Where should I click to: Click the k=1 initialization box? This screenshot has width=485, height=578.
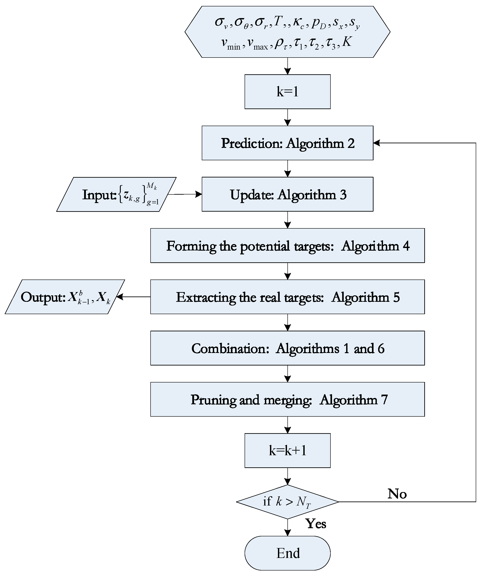pyautogui.click(x=287, y=92)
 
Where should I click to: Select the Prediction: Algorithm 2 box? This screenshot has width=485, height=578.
pyautogui.click(x=287, y=143)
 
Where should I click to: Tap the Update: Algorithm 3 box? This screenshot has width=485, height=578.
pyautogui.click(x=287, y=194)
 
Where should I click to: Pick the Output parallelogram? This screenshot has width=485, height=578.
pyautogui.click(x=65, y=297)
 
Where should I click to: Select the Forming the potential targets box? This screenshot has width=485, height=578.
pyautogui.click(x=287, y=246)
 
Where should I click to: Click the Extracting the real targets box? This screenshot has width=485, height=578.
pyautogui.click(x=287, y=297)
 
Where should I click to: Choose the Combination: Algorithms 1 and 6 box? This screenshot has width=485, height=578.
pyautogui.click(x=287, y=348)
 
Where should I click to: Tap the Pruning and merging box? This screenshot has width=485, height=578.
pyautogui.click(x=287, y=399)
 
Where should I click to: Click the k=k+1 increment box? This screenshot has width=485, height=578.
pyautogui.click(x=287, y=451)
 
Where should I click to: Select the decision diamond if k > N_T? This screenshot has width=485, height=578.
pyautogui.click(x=287, y=502)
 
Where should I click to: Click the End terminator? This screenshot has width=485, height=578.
pyautogui.click(x=287, y=553)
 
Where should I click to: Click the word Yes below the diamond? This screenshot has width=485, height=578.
pyautogui.click(x=316, y=524)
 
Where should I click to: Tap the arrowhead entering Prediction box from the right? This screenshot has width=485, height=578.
pyautogui.click(x=377, y=143)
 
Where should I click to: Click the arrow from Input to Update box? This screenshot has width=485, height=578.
pyautogui.click(x=185, y=194)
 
